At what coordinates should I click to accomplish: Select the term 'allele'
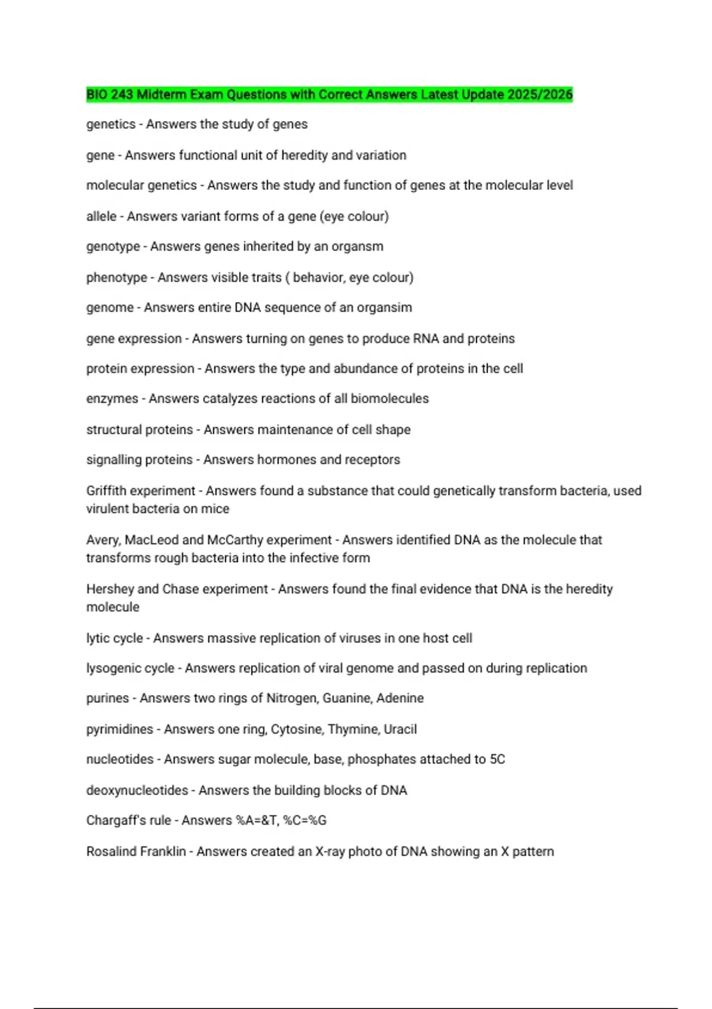coord(101,216)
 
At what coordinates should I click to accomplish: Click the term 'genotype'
coord(113,246)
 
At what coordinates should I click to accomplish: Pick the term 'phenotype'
coord(117,277)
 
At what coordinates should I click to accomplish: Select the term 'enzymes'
coord(112,398)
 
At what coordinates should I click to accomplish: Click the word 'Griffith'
coord(106,491)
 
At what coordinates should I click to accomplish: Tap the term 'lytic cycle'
coord(115,638)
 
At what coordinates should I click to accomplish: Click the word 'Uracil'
coord(400,729)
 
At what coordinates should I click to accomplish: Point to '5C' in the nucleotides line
coord(497,759)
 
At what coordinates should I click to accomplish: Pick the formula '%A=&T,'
coord(258,820)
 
